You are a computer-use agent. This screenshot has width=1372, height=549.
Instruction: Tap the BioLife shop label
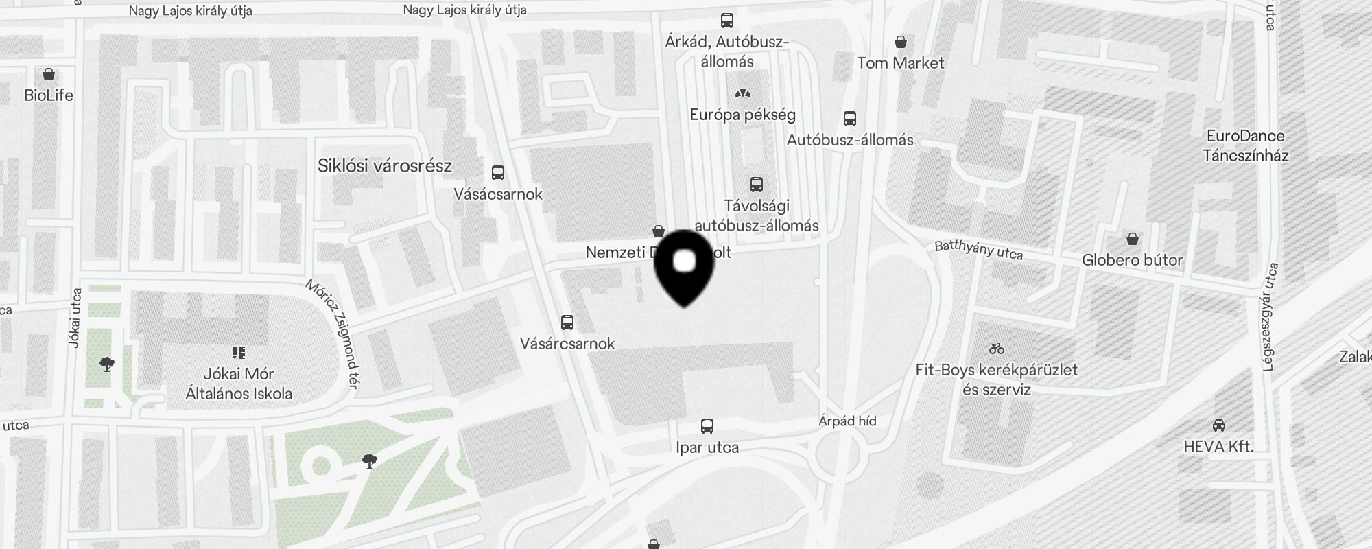tap(49, 95)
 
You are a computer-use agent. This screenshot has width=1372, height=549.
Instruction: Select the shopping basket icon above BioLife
tap(49, 74)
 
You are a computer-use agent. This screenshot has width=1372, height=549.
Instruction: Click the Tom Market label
tap(901, 63)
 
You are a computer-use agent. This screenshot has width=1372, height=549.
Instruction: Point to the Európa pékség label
tap(743, 115)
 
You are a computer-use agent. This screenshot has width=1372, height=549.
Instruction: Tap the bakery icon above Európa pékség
tap(743, 93)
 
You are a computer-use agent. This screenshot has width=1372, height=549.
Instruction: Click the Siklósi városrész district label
tap(385, 165)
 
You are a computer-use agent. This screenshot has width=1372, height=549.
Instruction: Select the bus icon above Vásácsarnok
tap(498, 173)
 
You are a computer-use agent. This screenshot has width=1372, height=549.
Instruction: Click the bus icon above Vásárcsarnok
tap(567, 322)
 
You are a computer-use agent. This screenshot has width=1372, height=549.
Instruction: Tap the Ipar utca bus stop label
tap(707, 447)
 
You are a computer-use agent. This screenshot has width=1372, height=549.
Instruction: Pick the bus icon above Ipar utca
tap(707, 426)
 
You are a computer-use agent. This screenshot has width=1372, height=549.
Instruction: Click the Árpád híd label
tap(847, 421)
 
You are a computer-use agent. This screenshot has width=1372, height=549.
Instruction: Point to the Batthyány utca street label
tap(979, 250)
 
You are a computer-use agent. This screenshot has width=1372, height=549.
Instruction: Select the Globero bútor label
tap(1132, 260)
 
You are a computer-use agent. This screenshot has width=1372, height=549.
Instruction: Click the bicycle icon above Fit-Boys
tap(997, 349)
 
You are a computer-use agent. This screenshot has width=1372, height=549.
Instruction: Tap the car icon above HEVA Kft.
tap(1219, 425)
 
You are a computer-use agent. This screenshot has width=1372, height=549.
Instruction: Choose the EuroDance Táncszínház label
tap(1246, 145)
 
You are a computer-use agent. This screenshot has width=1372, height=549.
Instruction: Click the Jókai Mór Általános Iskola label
tap(239, 384)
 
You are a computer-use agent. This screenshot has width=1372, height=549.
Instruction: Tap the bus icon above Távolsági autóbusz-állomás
tap(757, 185)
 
